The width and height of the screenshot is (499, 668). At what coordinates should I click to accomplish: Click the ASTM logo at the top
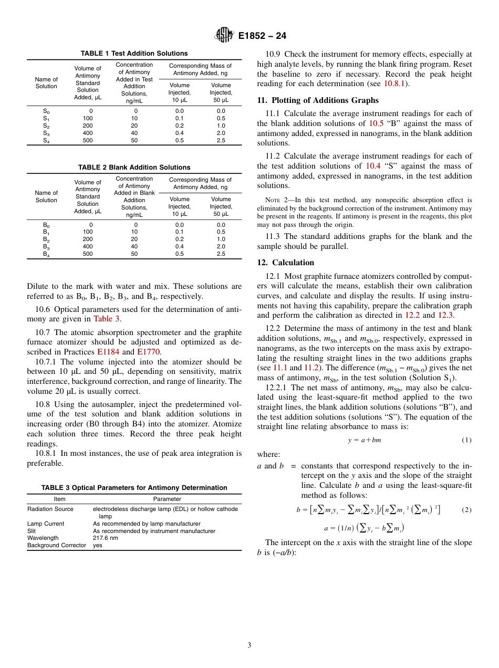(x=225, y=36)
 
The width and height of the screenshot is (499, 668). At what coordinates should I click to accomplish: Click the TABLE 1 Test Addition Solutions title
(x=134, y=54)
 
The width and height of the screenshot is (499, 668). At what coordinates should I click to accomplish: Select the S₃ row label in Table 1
(x=46, y=133)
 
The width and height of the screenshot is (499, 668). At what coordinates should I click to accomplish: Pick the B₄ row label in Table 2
(x=46, y=254)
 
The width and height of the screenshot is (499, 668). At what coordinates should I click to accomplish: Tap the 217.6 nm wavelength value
(x=106, y=538)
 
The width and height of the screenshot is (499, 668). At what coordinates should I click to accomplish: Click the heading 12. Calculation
(x=286, y=263)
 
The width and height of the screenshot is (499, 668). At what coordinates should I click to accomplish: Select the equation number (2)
(x=466, y=510)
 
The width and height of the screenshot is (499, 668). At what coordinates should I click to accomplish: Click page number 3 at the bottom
(x=249, y=645)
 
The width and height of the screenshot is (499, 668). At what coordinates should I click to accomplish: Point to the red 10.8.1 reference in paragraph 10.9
(x=396, y=83)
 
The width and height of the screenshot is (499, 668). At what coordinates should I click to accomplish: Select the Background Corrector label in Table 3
(x=56, y=545)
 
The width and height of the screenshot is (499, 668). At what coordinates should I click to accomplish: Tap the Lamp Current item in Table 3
(x=46, y=524)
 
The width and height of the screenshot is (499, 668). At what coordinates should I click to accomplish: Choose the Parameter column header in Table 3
(x=167, y=499)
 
